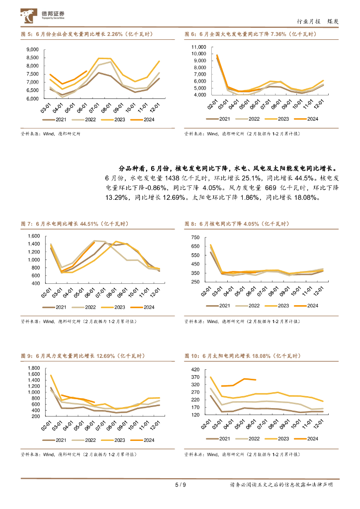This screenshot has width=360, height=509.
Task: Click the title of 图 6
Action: (x=250, y=34)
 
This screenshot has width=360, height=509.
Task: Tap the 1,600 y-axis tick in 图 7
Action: (x=33, y=236)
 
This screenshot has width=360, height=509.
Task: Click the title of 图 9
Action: (x=83, y=356)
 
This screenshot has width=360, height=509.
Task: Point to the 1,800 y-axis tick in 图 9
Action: (x=33, y=368)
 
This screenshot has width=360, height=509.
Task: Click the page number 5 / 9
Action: (x=180, y=485)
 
